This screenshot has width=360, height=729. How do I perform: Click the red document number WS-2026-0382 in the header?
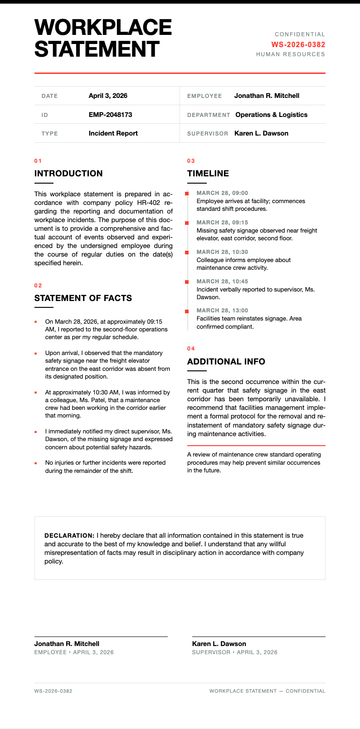pyautogui.click(x=298, y=44)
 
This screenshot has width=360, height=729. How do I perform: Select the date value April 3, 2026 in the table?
pyautogui.click(x=108, y=96)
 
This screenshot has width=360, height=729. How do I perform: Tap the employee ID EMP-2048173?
pyautogui.click(x=110, y=115)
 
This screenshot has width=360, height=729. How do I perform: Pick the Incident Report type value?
pyautogui.click(x=113, y=133)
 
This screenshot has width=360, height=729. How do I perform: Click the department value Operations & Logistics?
pyautogui.click(x=271, y=115)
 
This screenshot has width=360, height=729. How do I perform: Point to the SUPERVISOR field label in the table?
pyautogui.click(x=207, y=134)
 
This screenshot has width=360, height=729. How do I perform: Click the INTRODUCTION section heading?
pyautogui.click(x=68, y=174)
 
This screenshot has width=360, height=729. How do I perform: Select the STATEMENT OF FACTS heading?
pyautogui.click(x=83, y=298)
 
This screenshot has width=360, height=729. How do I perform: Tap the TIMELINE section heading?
pyautogui.click(x=208, y=174)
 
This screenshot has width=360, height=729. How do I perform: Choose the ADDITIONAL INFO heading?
pyautogui.click(x=226, y=362)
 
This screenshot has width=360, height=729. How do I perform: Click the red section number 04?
pyautogui.click(x=191, y=349)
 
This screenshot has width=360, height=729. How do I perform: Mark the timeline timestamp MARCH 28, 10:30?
pyautogui.click(x=222, y=252)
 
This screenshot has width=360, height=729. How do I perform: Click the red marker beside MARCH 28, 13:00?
pyautogui.click(x=187, y=311)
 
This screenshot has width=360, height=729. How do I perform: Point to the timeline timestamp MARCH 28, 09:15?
pyautogui.click(x=222, y=223)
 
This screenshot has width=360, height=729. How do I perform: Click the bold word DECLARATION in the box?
pyautogui.click(x=69, y=535)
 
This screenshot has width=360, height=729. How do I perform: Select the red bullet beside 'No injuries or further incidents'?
pyautogui.click(x=36, y=463)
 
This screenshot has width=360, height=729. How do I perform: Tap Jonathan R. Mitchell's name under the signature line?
pyautogui.click(x=67, y=644)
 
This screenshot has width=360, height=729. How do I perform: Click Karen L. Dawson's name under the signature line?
pyautogui.click(x=219, y=644)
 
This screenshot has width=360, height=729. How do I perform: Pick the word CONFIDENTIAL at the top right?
pyautogui.click(x=300, y=34)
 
